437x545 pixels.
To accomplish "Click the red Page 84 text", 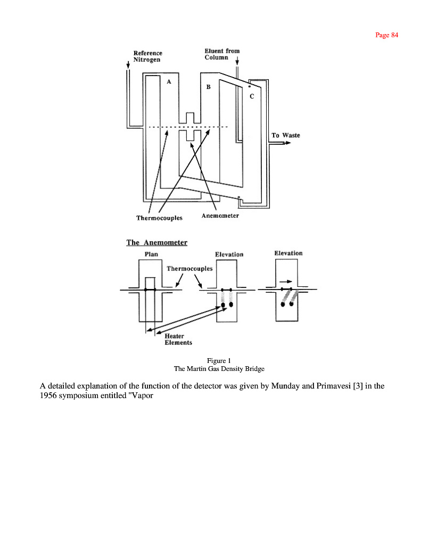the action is point(386,35).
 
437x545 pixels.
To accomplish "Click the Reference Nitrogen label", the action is point(148,56).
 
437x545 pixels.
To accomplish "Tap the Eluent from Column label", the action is point(222,54).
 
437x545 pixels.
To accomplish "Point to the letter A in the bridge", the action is point(169,81).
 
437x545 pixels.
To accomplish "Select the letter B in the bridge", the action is point(208,87).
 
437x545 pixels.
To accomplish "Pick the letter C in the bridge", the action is point(252,96).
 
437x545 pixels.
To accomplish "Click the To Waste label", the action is point(286,135).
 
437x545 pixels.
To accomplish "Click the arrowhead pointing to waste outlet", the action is point(288,143).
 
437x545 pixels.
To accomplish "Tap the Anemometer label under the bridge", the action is point(220,216).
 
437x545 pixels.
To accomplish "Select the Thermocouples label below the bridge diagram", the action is point(159,218).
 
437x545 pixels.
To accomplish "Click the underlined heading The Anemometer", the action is point(157,242).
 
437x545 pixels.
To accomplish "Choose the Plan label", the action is point(151,254).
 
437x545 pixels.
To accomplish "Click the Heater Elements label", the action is point(178,339).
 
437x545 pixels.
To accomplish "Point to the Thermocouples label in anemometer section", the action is point(189,269).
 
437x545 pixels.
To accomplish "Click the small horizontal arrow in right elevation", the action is point(286,282).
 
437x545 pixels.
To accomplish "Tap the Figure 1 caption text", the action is point(219,361).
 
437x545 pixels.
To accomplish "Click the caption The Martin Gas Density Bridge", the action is point(219,369).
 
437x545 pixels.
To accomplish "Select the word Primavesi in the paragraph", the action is point(333,386).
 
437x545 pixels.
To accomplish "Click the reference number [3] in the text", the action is point(358,386).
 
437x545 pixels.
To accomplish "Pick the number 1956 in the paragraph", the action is point(48,395).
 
